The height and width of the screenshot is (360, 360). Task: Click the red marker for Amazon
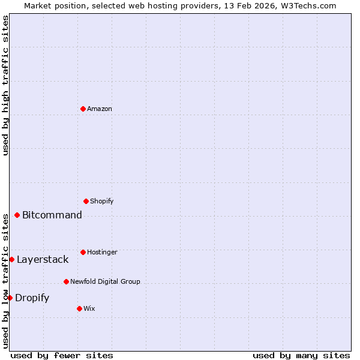83,109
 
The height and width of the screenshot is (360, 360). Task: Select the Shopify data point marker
86,201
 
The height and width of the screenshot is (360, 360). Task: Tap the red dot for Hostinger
83,252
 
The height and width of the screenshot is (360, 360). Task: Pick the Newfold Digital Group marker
66,281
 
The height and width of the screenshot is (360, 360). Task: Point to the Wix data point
79,308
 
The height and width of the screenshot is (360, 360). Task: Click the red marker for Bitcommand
17,215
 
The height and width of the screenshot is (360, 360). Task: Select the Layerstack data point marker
11,259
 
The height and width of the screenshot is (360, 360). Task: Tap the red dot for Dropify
10,298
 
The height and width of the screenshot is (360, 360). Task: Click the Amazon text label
100,109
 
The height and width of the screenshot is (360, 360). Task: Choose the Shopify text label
102,201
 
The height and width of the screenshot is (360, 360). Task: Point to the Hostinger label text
102,252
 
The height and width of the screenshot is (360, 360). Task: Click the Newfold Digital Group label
105,281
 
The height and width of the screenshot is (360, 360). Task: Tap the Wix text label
89,308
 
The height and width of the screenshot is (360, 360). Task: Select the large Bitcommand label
52,215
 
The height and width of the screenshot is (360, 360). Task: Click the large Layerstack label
43,259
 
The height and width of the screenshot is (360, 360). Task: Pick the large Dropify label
32,298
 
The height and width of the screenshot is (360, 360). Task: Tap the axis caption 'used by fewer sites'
62,355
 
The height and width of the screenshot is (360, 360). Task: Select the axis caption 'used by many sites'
301,355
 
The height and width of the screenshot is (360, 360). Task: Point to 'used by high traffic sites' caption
5,85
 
